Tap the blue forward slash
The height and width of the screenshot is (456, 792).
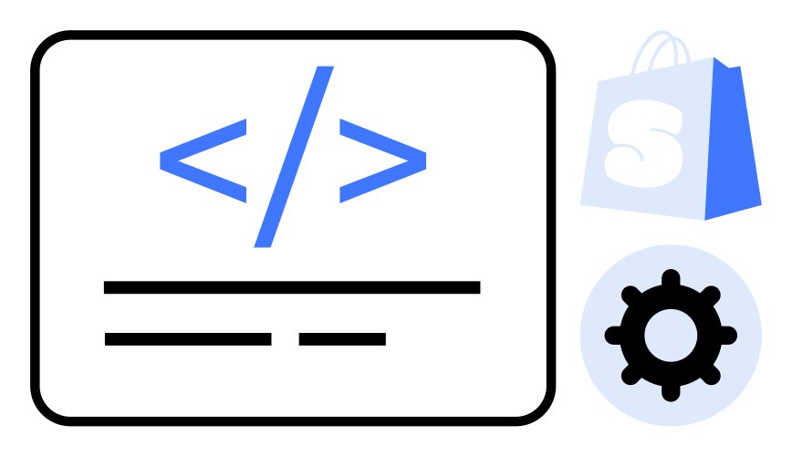[x=294, y=157]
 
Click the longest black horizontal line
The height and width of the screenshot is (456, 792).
[x=292, y=287]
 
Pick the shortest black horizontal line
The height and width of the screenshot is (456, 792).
[x=342, y=339]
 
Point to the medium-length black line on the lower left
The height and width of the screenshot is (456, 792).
[x=188, y=339]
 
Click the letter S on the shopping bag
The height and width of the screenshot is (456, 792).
[x=645, y=143]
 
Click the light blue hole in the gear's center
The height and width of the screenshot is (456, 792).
[x=671, y=336]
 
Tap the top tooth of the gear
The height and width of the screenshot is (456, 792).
[x=671, y=278]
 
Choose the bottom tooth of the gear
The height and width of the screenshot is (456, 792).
[x=671, y=392]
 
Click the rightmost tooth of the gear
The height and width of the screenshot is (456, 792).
[x=728, y=336]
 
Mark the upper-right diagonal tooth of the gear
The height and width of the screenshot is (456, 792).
[x=710, y=295]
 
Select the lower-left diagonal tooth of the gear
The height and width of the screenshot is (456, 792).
[x=630, y=375]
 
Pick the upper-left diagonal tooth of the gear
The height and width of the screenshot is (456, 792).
[x=630, y=295]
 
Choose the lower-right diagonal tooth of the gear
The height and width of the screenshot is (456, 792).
[x=710, y=375]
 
